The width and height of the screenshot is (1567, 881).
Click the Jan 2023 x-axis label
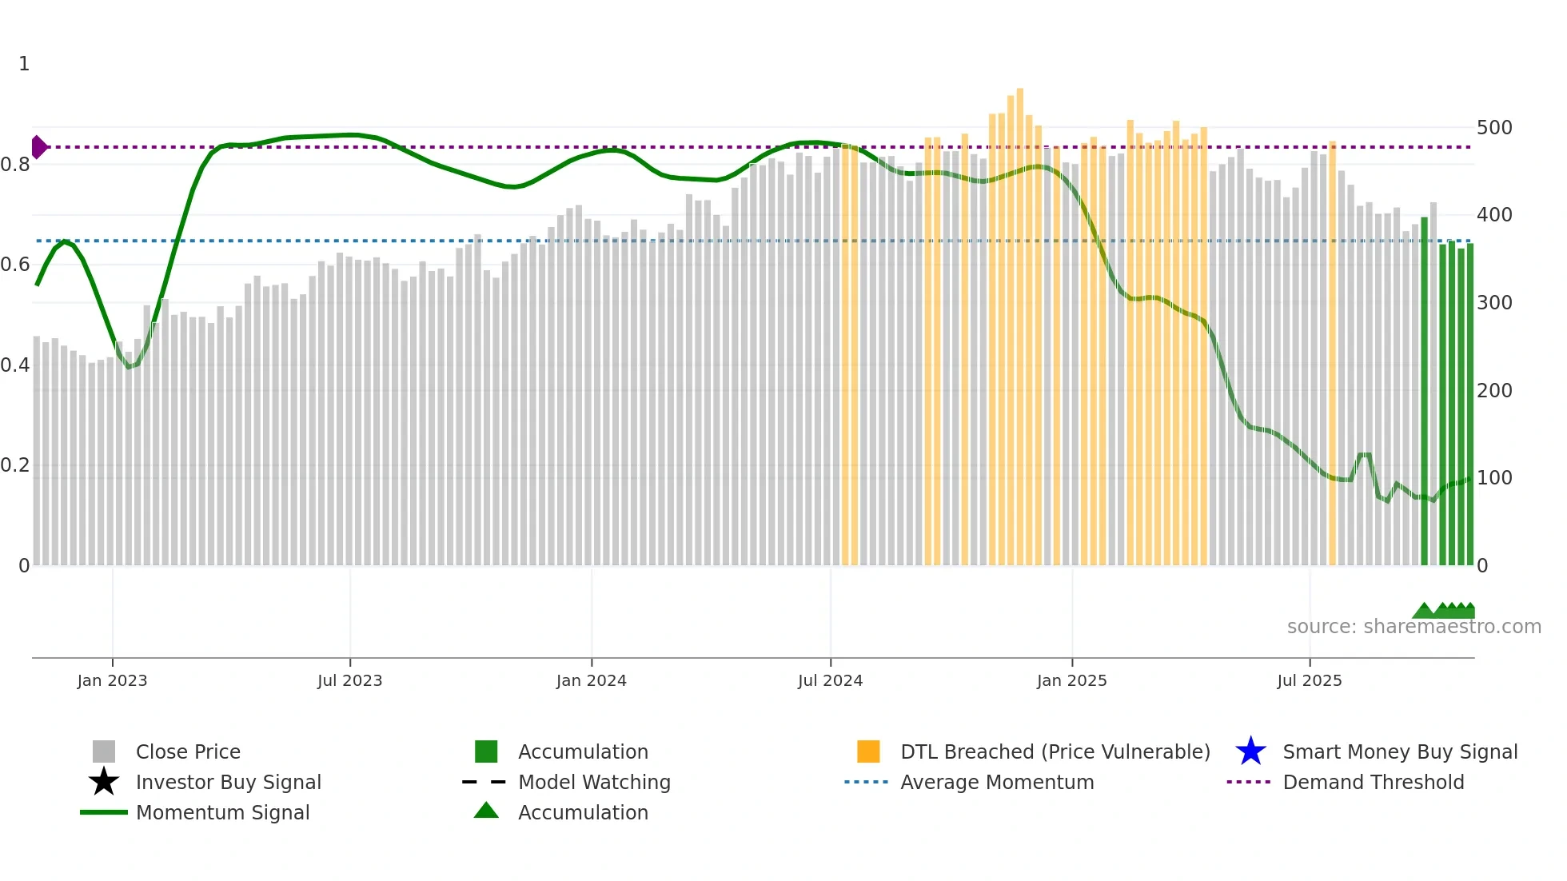pos(112,680)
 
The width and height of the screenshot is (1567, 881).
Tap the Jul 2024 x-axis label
pos(830,680)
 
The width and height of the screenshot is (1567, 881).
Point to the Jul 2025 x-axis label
pos(1309,680)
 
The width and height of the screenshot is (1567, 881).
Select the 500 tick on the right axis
pos(1494,128)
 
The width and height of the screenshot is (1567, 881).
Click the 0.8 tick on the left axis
pos(15,165)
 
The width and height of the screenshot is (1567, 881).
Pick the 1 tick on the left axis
pos(24,64)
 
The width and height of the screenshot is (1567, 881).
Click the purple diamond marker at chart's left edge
pos(38,147)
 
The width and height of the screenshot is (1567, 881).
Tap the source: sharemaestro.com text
pos(1413,627)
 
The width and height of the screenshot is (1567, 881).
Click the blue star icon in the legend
pos(1250,751)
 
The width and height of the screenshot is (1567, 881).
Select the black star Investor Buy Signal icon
pos(104,782)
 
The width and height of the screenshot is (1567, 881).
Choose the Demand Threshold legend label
pos(1373,782)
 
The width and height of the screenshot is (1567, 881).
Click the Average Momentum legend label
pos(996,782)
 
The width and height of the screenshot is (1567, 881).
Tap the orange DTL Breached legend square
pos(868,751)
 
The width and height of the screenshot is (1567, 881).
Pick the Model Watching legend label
pos(594,782)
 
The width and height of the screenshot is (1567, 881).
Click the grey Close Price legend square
pos(104,751)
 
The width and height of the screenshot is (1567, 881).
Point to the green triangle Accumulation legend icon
pos(486,811)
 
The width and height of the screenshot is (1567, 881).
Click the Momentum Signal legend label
pos(222,812)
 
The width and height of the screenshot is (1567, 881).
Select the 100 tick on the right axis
pos(1494,478)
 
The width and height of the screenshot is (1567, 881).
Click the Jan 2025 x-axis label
pos(1071,680)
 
